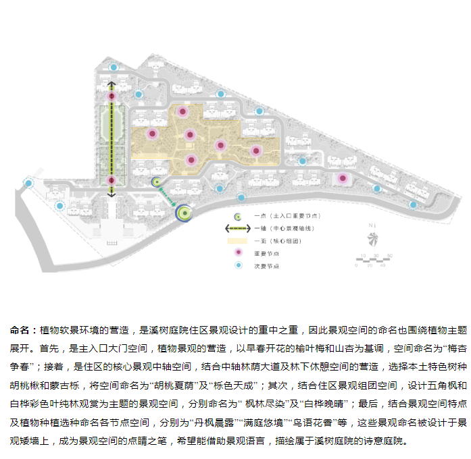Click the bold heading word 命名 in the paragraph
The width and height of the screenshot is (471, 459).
click(x=21, y=330)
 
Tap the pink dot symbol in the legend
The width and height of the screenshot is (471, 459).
click(x=237, y=253)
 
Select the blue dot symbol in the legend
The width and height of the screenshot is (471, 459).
click(x=237, y=266)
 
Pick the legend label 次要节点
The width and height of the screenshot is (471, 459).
click(x=266, y=266)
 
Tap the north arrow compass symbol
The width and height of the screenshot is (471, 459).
click(x=370, y=238)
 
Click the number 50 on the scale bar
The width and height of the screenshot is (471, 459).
click(x=390, y=255)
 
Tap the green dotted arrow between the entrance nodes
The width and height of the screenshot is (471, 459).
click(x=168, y=196)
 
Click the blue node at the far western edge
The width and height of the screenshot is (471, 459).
click(x=28, y=183)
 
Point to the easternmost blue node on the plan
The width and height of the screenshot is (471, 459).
click(x=413, y=204)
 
